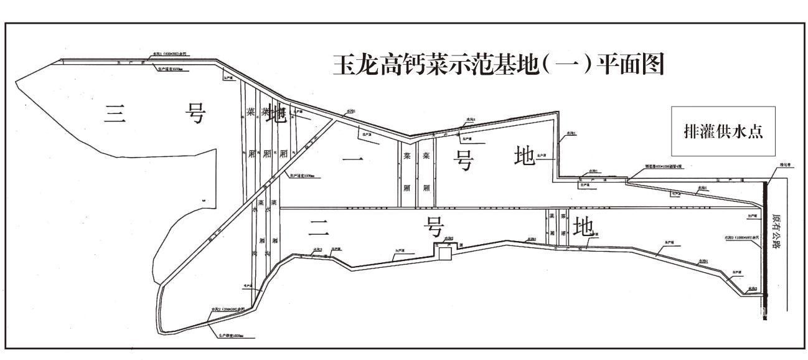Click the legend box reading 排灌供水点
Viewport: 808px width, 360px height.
coord(723,131)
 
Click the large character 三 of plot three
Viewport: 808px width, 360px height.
coord(114,114)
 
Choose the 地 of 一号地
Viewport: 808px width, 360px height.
coord(525,156)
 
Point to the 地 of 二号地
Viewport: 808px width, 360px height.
coord(583,227)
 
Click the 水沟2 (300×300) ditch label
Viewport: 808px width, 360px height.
coord(223,310)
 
